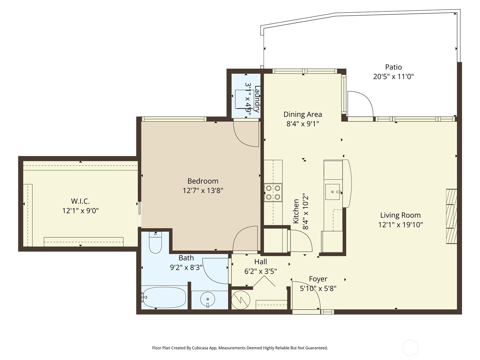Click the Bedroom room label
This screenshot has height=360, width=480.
pyautogui.click(x=203, y=181)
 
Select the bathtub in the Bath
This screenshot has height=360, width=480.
pyautogui.click(x=164, y=298)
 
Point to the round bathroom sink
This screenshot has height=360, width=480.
pyautogui.click(x=208, y=299)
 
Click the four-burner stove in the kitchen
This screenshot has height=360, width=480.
pyautogui.click(x=273, y=192)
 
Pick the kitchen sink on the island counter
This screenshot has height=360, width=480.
pyautogui.click(x=333, y=192)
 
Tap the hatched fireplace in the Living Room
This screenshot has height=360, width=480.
pyautogui.click(x=451, y=216)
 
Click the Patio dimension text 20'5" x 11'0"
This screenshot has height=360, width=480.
pyautogui.click(x=393, y=77)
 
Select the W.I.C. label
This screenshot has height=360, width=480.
pyautogui.click(x=80, y=201)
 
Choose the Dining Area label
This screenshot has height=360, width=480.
pyautogui.click(x=303, y=114)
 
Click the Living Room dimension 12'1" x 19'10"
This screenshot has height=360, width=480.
pyautogui.click(x=400, y=225)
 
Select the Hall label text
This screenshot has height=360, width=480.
pyautogui.click(x=260, y=262)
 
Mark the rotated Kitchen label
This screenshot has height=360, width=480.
pyautogui.click(x=296, y=211)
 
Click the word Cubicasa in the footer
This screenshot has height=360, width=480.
pyautogui.click(x=200, y=348)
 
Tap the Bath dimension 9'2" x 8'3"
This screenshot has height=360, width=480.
pyautogui.click(x=186, y=268)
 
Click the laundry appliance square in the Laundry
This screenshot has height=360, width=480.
pyautogui.click(x=244, y=99)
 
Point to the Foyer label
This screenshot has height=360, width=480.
pyautogui.click(x=318, y=279)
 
